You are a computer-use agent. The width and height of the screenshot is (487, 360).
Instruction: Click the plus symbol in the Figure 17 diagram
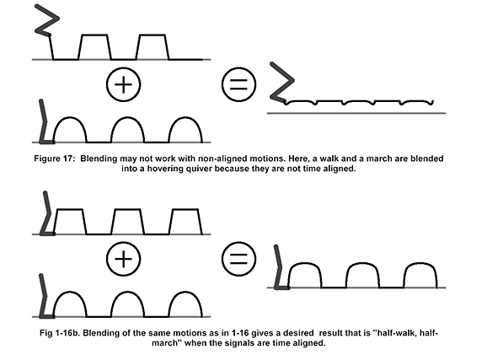[x=123, y=84]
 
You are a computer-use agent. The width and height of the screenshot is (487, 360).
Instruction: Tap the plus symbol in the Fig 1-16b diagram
[x=123, y=259]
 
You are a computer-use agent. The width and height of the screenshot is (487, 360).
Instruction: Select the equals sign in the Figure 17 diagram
[x=238, y=84]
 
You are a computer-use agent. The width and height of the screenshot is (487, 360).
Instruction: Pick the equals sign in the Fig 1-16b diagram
[x=238, y=259]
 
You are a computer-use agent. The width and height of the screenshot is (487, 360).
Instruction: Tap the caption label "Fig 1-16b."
[x=59, y=333]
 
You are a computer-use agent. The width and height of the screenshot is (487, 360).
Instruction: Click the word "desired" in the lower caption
[x=299, y=333]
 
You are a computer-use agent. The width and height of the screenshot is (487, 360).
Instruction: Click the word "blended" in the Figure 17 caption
[x=427, y=159]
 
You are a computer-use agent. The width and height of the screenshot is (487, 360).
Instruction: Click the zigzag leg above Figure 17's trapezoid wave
[x=47, y=30]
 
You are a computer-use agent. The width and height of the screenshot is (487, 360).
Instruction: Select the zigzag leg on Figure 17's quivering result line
[x=282, y=82]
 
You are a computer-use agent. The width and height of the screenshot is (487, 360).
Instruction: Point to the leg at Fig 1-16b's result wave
[x=280, y=267]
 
